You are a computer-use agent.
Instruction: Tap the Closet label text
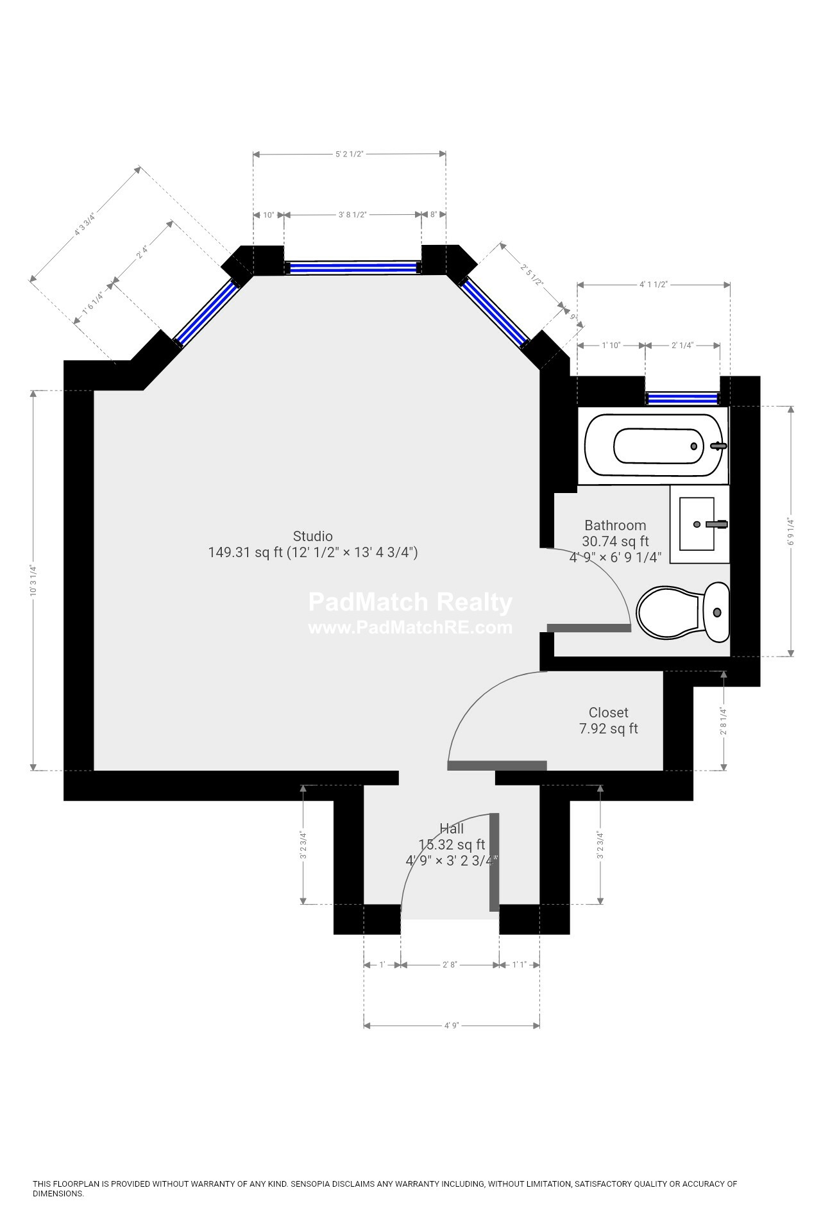click(608, 712)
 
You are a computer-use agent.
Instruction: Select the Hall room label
click(452, 829)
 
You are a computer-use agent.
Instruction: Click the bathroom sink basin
click(697, 524)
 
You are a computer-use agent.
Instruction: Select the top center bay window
click(351, 267)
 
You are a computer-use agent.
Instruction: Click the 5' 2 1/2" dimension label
click(350, 154)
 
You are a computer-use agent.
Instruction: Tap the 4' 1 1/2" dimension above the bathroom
click(654, 284)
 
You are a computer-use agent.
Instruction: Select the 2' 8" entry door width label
click(450, 964)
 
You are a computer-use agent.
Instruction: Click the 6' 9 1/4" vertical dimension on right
click(791, 532)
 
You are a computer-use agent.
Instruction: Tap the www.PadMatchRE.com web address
click(410, 628)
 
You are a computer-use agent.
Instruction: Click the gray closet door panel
click(497, 765)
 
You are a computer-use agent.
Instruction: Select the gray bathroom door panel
click(589, 628)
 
